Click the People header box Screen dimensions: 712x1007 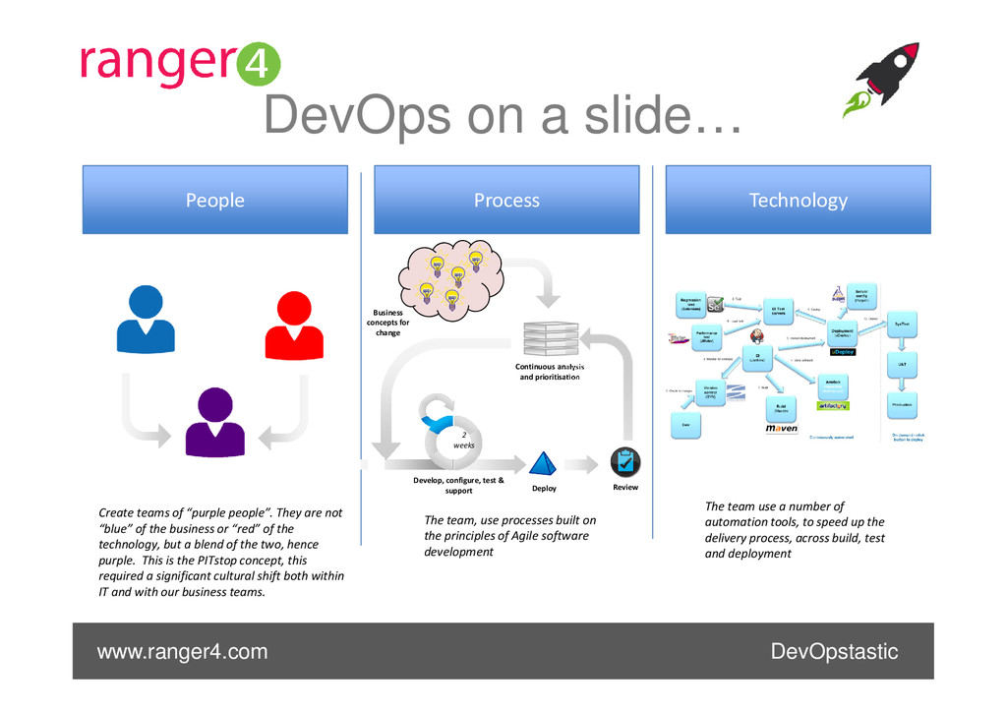tap(214, 200)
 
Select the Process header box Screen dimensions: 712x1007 tap(506, 200)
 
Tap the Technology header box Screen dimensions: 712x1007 tap(798, 200)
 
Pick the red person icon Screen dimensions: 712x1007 tap(294, 325)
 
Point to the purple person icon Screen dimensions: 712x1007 tap(215, 421)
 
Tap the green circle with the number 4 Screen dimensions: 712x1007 tap(260, 67)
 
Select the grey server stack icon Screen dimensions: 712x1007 tap(550, 338)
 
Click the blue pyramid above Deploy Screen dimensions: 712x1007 tap(543, 463)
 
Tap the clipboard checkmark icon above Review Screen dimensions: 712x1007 tap(625, 462)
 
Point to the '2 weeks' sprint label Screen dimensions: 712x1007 tap(463, 439)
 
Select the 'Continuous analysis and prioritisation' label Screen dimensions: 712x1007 tap(550, 372)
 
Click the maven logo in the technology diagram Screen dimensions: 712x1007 tap(782, 429)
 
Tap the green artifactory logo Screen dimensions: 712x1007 tap(832, 405)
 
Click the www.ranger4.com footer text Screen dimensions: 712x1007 tap(182, 652)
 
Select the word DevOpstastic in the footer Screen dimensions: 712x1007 tap(834, 652)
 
